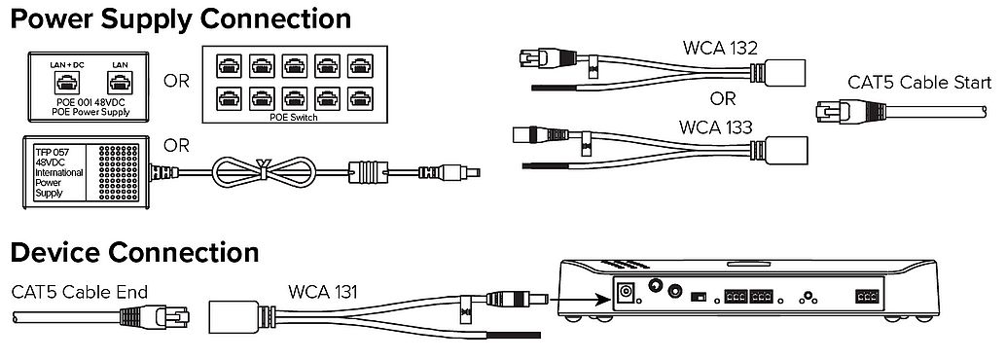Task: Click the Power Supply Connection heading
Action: click(181, 18)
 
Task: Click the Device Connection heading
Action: click(134, 252)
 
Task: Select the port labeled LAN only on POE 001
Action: click(119, 83)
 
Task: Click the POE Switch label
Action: click(295, 118)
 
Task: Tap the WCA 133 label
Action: click(715, 127)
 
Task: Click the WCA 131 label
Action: click(323, 291)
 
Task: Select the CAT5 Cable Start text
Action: click(919, 82)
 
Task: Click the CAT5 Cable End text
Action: click(80, 292)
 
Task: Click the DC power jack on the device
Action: click(626, 293)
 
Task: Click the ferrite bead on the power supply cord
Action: click(369, 172)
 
